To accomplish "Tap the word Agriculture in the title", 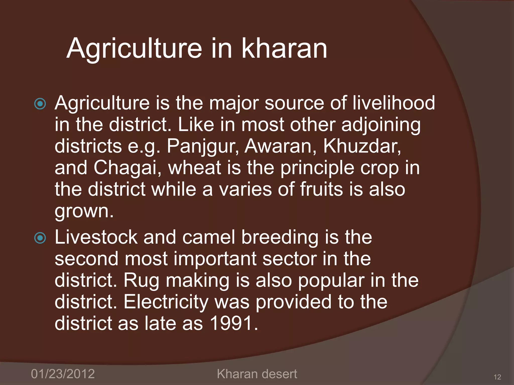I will (134, 49).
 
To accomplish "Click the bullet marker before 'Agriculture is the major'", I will (40, 104).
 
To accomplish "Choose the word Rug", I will (141, 281).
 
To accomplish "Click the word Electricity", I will (166, 302).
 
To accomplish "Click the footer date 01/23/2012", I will (63, 374).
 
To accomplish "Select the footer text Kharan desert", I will (257, 374).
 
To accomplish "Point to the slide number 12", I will (497, 377).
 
